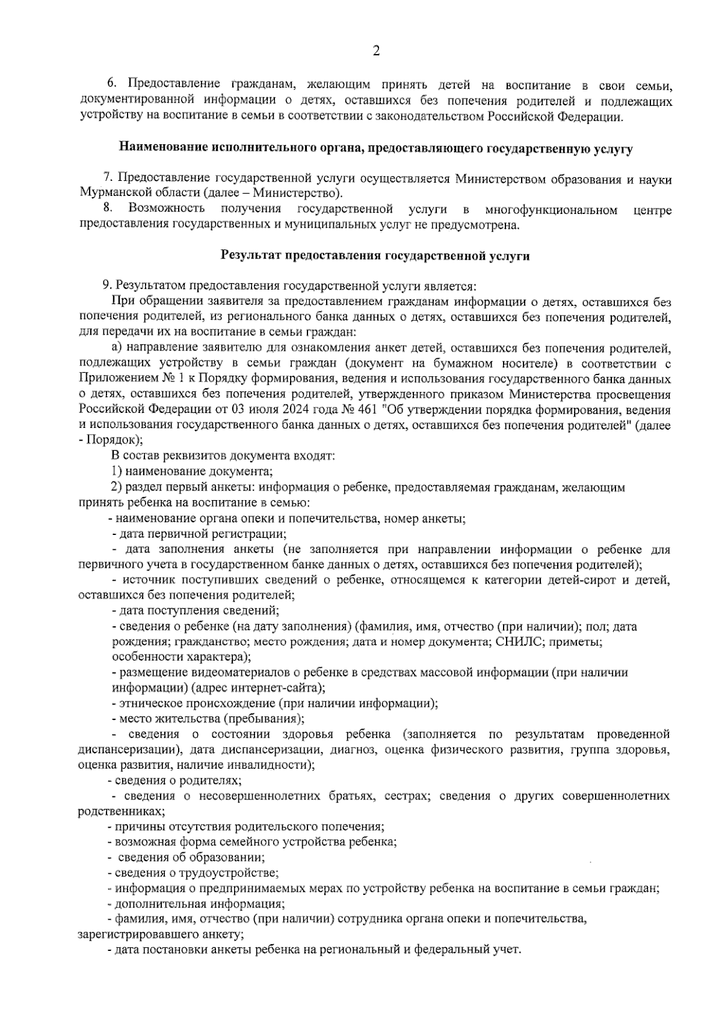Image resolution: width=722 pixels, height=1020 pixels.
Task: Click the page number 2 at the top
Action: [x=376, y=52]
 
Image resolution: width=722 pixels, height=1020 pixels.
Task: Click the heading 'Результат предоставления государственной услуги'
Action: [x=375, y=255]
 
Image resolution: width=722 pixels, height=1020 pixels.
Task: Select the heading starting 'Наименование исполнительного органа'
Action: [x=375, y=147]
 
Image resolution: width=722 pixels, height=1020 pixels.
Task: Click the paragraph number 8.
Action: [x=108, y=209]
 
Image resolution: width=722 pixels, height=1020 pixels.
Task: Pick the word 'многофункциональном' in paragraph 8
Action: [x=551, y=209]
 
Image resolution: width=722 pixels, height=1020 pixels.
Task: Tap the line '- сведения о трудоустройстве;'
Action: [x=193, y=873]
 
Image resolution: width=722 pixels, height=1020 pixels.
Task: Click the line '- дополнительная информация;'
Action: [x=196, y=903]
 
